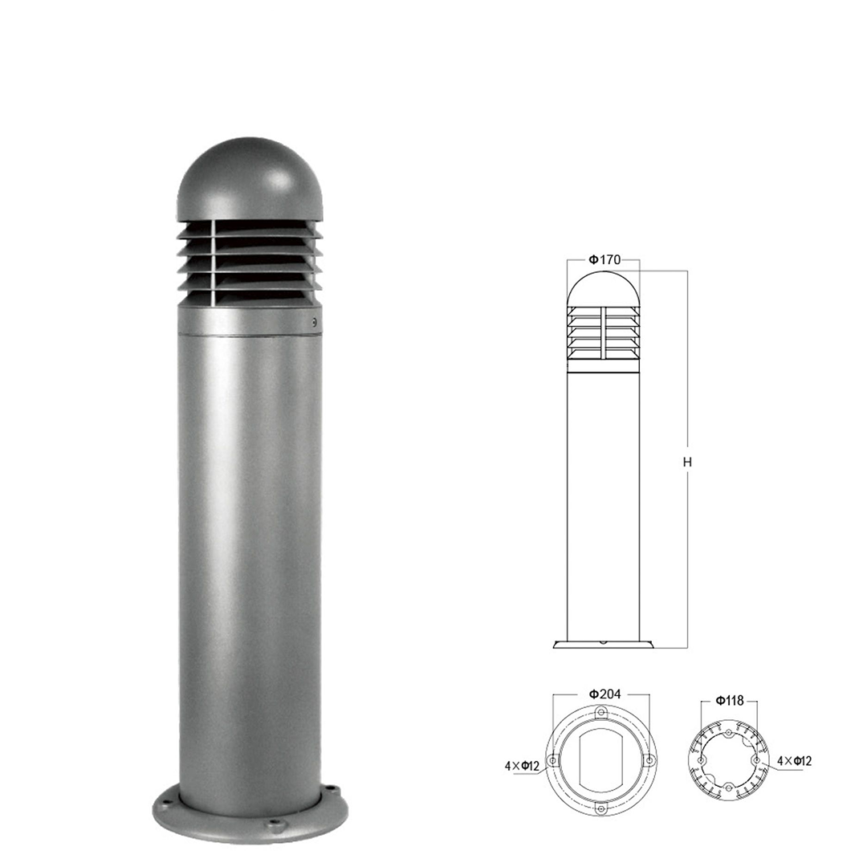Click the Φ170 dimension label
click(x=605, y=259)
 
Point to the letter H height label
click(x=687, y=462)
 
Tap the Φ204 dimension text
click(x=605, y=694)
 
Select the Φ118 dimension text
click(x=730, y=701)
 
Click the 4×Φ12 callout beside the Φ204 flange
click(x=522, y=767)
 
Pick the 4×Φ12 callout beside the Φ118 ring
click(x=795, y=761)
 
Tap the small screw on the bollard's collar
click(x=314, y=320)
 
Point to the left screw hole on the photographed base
click(x=165, y=799)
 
